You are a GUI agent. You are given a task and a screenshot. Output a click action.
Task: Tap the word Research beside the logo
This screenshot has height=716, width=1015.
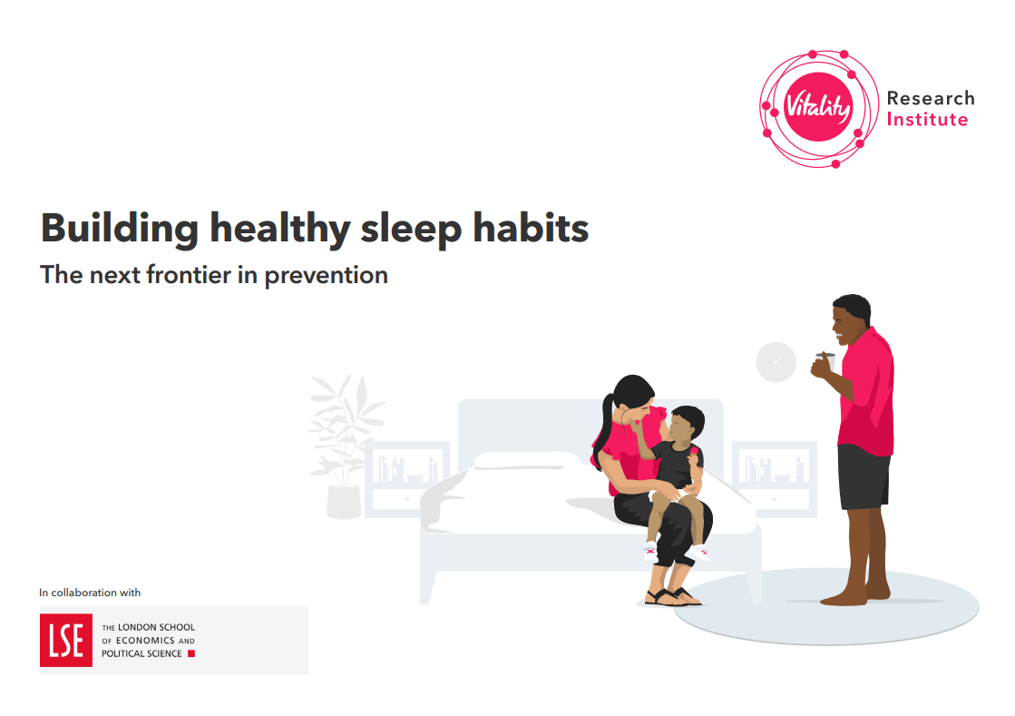[930, 98]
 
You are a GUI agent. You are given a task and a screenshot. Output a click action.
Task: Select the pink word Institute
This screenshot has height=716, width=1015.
[927, 120]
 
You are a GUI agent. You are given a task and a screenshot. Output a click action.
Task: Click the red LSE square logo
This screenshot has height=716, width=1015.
[65, 641]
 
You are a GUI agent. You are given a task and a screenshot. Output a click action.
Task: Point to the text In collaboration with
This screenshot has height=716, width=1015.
[90, 593]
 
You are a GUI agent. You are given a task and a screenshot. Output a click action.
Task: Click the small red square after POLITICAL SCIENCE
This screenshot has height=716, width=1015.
[190, 653]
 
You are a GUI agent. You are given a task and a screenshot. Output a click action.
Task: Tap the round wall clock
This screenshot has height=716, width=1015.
[776, 362]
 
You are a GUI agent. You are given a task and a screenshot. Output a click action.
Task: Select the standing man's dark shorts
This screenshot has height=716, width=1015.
[863, 477]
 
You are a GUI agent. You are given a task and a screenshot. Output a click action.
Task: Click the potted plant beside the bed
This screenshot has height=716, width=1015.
[343, 449]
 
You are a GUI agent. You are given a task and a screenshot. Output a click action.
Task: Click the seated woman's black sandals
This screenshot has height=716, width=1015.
[671, 596]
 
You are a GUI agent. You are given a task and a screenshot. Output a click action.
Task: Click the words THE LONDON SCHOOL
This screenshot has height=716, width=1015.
[148, 628]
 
